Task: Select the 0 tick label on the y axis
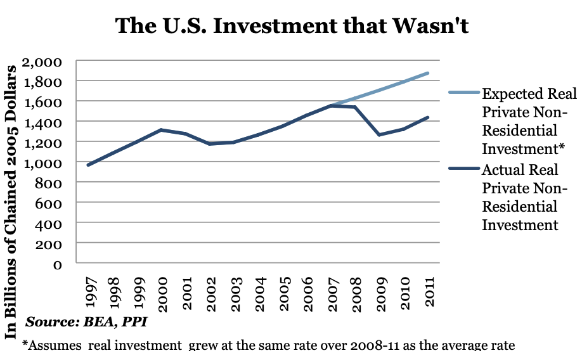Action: [x=56, y=264]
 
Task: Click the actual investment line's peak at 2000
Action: [x=162, y=130]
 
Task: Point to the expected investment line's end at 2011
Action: [x=429, y=73]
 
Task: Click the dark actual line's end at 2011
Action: [x=429, y=117]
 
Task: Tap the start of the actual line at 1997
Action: [x=88, y=165]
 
